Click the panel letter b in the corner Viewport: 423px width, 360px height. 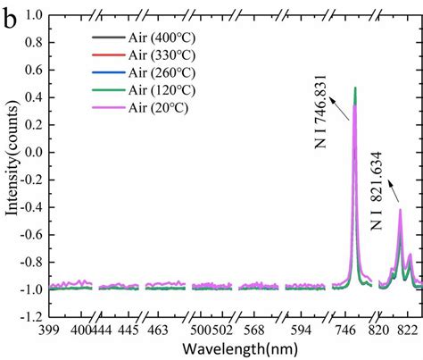10,15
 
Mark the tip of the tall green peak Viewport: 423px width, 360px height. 355,88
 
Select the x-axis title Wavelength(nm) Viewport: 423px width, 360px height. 231,345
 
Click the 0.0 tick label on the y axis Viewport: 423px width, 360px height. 35,153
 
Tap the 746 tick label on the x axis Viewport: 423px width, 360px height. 344,330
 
